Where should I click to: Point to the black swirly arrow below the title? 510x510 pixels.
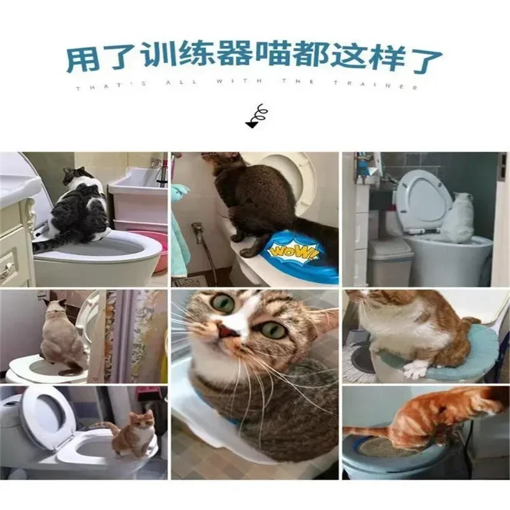258,117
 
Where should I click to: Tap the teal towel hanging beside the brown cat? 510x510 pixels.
180,236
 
